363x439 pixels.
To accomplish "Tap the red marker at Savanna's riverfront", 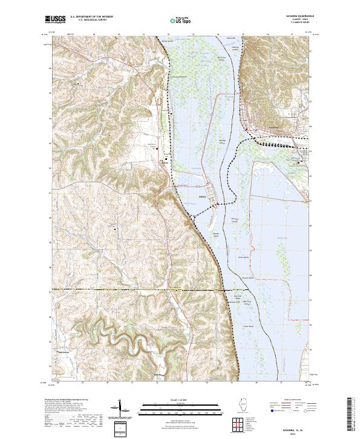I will click(x=247, y=129).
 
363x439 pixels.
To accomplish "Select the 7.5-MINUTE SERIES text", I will click(x=292, y=24).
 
